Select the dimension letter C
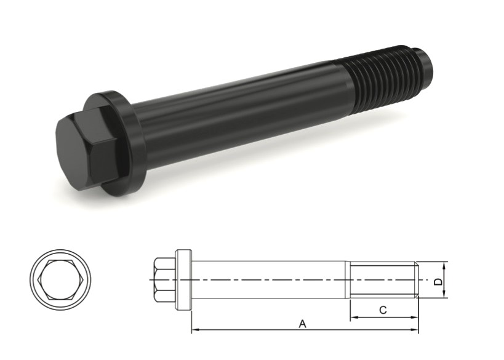[x=382, y=311]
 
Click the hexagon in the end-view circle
[x=59, y=280]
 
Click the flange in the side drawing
[x=184, y=280]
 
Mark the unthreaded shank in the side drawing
[x=271, y=280]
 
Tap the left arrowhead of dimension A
[x=195, y=330]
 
